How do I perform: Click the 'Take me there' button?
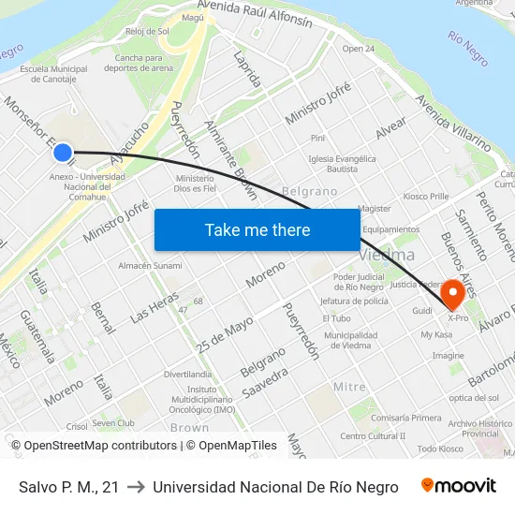point(257,229)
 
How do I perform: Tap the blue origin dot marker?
point(63,152)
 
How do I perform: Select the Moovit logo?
point(459,486)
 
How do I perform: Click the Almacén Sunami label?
point(150,266)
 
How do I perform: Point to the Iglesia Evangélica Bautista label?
point(342,164)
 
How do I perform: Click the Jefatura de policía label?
point(354,302)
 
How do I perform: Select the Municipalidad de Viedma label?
point(351,340)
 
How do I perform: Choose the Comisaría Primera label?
point(406,418)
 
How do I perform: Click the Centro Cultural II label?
point(373,435)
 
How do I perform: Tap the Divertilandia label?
point(187,374)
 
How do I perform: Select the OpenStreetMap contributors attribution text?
point(100,446)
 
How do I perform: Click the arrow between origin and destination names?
point(136,487)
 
